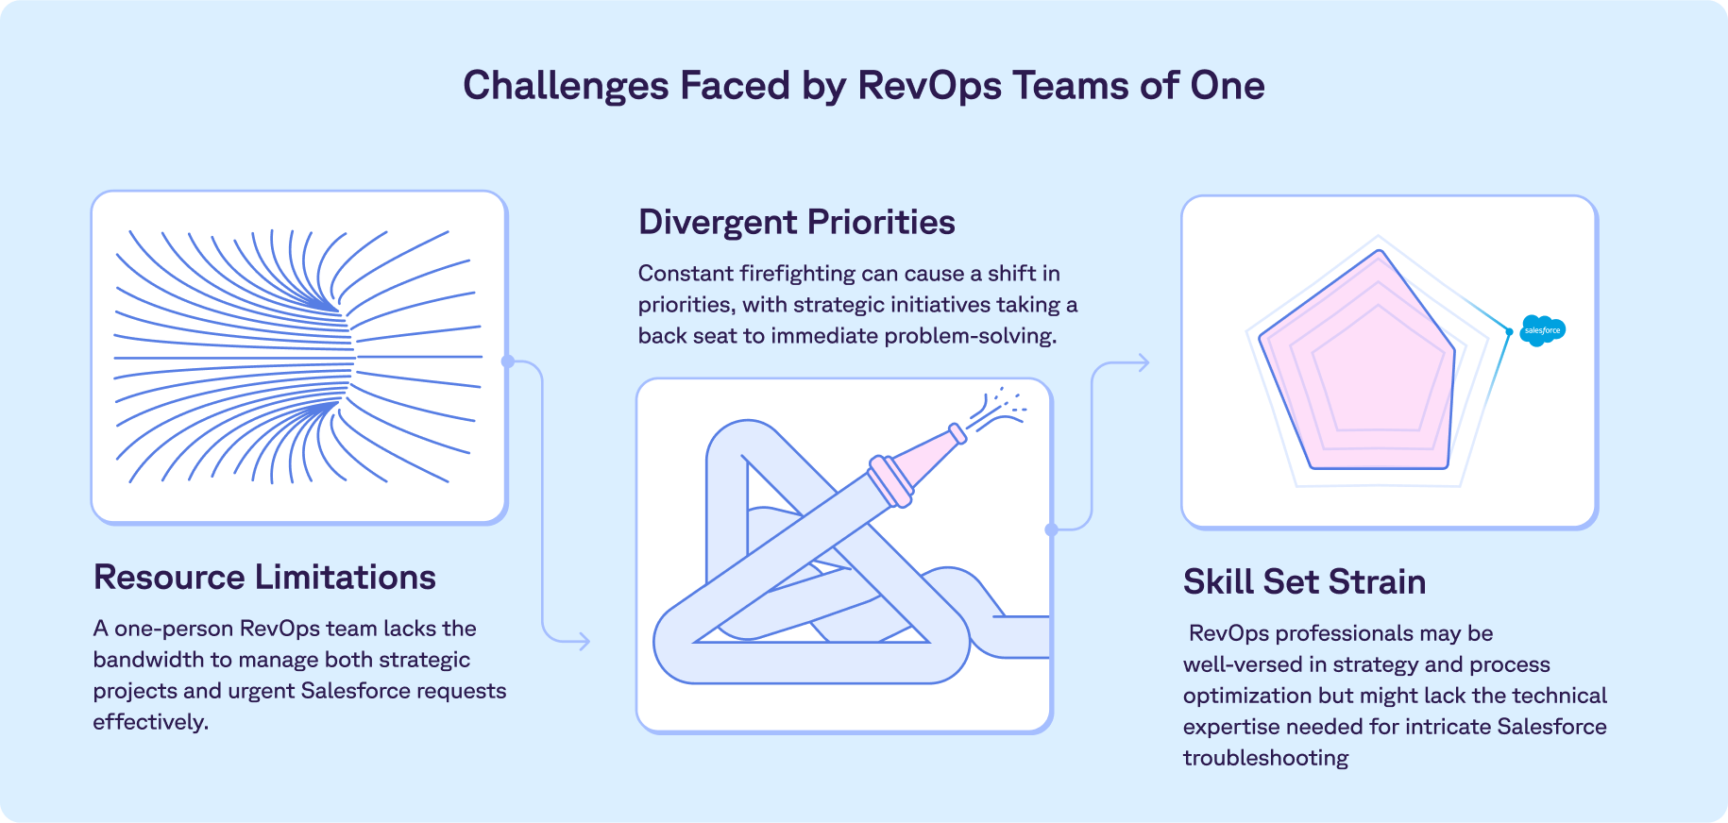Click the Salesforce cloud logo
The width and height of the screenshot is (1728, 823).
[1543, 330]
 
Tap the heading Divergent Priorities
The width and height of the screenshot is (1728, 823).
[796, 222]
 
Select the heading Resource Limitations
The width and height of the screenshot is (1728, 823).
[264, 577]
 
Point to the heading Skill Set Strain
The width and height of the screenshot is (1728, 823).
[1304, 581]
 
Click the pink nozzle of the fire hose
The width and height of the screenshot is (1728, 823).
[926, 454]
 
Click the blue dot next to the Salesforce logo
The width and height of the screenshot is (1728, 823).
[1509, 332]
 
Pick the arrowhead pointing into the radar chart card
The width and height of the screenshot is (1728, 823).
[1144, 362]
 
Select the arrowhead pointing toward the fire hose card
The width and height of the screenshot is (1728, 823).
[584, 642]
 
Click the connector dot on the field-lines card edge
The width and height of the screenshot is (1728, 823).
[508, 361]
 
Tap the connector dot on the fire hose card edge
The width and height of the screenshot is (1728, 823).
[1051, 529]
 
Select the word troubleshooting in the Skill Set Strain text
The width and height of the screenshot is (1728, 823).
[1265, 758]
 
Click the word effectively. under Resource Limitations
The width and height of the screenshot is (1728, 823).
[150, 722]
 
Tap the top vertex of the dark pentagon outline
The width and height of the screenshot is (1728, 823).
[1380, 251]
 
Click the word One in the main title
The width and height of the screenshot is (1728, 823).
[1227, 86]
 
